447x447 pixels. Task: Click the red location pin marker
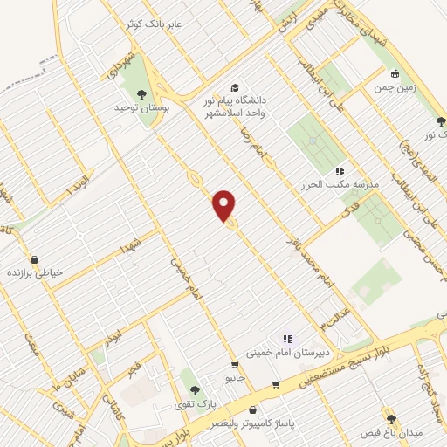(x=225, y=204)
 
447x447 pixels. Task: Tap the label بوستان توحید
(x=140, y=107)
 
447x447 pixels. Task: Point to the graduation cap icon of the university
(x=234, y=88)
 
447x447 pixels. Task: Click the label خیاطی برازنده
(x=35, y=272)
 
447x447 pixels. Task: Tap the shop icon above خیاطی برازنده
(x=34, y=259)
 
